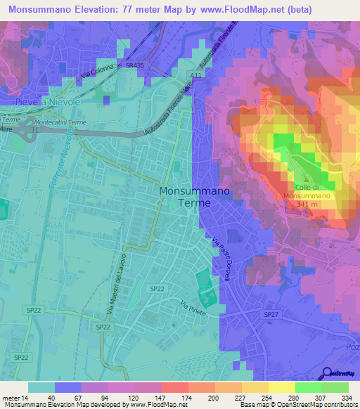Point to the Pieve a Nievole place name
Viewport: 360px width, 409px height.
tap(48, 101)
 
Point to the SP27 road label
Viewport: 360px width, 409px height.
tap(271, 314)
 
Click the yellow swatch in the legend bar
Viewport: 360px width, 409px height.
tap(281, 387)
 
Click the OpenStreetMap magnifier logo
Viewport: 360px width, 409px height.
tap(326, 373)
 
